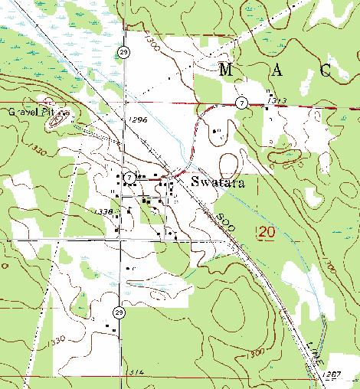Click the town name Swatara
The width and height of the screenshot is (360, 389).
(217, 182)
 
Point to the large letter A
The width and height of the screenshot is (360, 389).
(277, 71)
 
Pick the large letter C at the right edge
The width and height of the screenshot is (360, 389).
(326, 71)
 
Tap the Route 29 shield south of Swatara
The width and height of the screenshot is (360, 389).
(119, 312)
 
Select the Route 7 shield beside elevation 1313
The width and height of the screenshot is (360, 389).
(241, 102)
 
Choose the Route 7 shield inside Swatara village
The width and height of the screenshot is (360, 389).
(131, 177)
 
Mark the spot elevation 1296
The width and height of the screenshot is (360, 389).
(138, 120)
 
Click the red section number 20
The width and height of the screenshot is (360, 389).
(266, 231)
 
